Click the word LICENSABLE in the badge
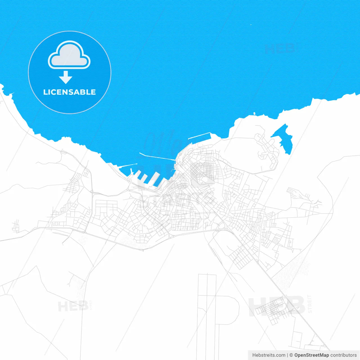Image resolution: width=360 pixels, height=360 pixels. tap(69, 92)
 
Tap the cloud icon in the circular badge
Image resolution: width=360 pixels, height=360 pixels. tap(69, 56)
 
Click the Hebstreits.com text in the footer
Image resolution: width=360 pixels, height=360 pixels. tap(269, 355)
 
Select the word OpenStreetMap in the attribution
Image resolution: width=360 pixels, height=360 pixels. tap(311, 355)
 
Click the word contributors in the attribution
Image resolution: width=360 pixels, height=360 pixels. tap(343, 355)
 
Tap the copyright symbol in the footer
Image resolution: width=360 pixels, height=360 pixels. tap(291, 355)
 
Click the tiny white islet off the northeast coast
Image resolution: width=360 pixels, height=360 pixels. tap(254, 114)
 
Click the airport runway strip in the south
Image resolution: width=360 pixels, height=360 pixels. tap(207, 309)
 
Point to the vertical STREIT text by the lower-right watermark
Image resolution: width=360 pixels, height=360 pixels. tap(310, 304)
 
